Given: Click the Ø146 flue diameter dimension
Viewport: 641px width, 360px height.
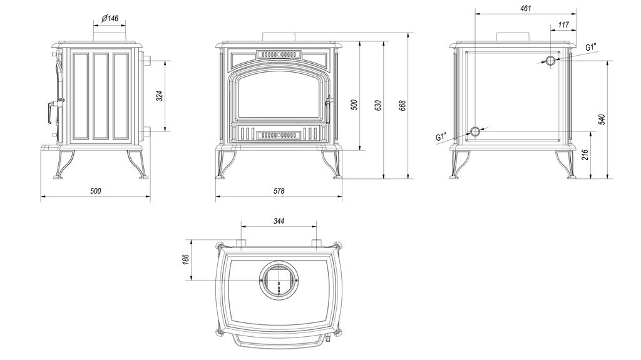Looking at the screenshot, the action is coord(110,18).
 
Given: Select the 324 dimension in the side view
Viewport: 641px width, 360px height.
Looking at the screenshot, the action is coord(160,96).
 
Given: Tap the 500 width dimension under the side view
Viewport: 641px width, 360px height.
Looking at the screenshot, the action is coord(95,190).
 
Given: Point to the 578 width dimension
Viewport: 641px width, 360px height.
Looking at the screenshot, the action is coord(279,190).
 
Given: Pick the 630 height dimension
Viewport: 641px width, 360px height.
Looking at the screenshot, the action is coord(377,105).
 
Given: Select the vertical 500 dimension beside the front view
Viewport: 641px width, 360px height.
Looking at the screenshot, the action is coord(354,105).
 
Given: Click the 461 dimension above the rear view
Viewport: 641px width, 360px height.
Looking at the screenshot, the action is coord(526,8).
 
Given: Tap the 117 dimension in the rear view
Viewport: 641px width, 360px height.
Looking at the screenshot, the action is coord(563,25).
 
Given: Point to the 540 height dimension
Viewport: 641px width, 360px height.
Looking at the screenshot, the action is coord(601,119).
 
